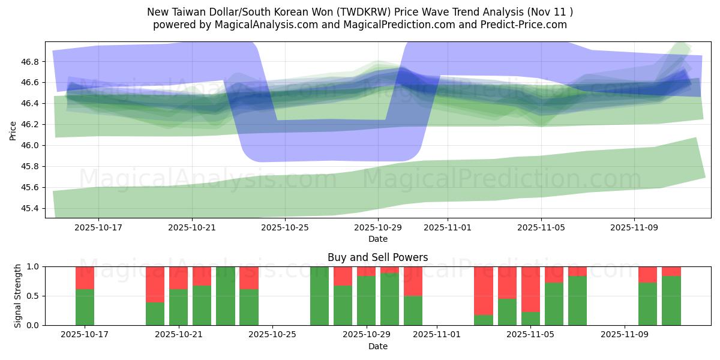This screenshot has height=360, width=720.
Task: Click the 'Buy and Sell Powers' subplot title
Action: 377,257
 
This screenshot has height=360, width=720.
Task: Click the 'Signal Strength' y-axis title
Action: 18,295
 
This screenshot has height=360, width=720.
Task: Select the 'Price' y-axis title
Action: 13,130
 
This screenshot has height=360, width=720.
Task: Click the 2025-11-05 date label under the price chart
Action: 541,228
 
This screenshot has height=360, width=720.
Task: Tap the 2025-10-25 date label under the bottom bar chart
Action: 272,335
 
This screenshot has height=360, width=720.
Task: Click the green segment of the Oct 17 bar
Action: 85,307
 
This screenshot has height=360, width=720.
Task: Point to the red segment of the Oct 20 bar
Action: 155,284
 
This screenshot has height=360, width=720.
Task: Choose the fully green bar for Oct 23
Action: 225,296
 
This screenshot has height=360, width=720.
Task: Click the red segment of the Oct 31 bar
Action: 413,281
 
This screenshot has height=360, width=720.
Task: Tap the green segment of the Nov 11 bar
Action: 671,301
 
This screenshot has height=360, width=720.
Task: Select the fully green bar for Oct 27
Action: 319,296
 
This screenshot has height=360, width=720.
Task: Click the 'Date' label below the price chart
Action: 377,239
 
